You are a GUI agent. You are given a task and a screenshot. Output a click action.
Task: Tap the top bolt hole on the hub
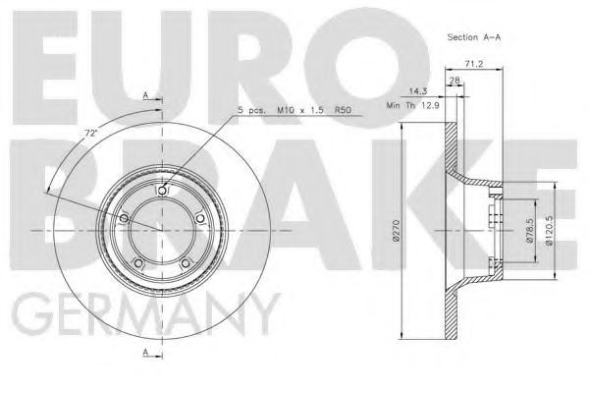(163, 191)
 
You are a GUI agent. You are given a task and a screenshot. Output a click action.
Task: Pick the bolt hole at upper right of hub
(201, 217)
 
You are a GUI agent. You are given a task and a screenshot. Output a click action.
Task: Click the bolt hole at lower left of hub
(138, 263)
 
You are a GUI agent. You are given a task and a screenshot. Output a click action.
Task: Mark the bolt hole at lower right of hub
(187, 263)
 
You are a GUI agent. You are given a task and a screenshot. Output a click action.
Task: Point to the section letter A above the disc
(145, 95)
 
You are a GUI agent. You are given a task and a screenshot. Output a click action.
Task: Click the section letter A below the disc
(146, 351)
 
